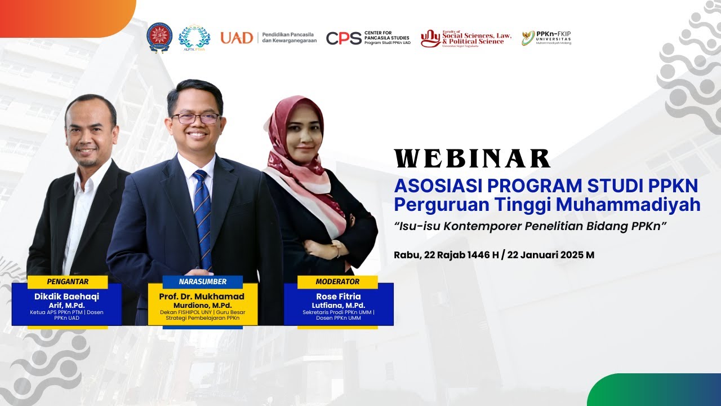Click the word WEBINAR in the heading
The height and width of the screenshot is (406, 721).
472,159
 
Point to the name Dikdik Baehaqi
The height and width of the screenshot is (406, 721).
66,297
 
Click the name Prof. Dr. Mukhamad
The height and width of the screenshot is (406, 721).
203,297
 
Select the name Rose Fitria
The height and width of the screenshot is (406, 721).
338,297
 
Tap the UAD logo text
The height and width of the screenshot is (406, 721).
237,38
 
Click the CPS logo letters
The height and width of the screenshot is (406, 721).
344,38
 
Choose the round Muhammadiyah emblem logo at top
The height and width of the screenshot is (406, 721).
159,38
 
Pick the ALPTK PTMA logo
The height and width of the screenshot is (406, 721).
194,38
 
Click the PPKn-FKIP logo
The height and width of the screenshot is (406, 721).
546,38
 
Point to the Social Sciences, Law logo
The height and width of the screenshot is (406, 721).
466,38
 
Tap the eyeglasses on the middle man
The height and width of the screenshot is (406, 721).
195,118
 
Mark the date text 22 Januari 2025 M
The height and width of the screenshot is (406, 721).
550,255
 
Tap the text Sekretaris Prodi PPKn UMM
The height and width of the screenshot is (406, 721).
338,312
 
